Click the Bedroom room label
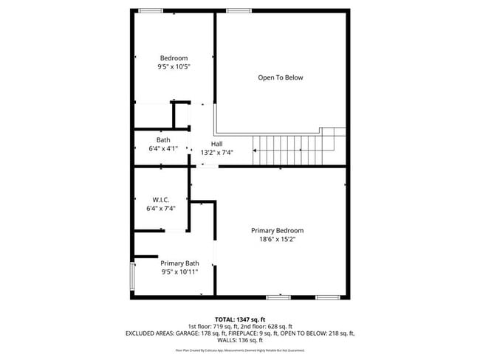[x=174, y=58]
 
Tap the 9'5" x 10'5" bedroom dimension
[x=174, y=67]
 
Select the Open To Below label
[x=280, y=77]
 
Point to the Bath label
[x=163, y=139]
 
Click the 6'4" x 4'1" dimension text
[x=163, y=148]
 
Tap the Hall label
[x=216, y=144]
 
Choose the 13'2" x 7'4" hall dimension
[x=216, y=153]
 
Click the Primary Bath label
[x=179, y=263]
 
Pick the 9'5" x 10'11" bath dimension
[x=179, y=272]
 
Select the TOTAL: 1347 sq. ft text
[x=240, y=318]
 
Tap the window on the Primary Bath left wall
[x=133, y=276]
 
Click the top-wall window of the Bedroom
[x=151, y=10]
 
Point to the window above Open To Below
[x=238, y=10]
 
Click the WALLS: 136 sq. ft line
[x=240, y=340]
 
